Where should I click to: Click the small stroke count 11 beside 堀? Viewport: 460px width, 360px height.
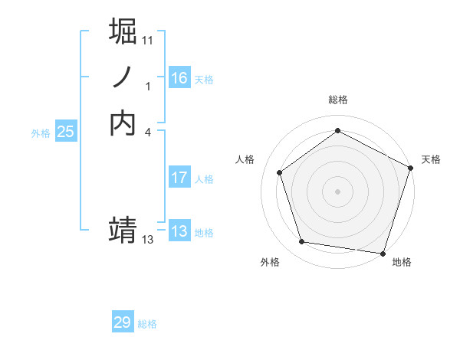[148, 39]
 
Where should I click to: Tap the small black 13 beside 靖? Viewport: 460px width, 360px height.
[148, 240]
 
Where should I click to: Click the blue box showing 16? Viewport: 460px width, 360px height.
[179, 78]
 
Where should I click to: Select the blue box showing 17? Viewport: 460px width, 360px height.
[179, 178]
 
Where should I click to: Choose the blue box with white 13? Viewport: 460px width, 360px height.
[179, 232]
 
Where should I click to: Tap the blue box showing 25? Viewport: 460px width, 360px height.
[66, 132]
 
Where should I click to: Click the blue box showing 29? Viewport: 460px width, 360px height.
[123, 322]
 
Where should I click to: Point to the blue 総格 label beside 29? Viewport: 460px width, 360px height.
[147, 324]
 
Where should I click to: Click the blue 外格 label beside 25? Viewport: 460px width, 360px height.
[41, 133]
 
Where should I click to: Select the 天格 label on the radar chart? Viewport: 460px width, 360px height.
[431, 159]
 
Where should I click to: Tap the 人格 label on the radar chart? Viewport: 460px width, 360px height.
[245, 159]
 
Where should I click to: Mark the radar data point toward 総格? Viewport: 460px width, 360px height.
[337, 131]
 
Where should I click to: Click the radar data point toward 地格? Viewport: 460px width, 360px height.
[383, 253]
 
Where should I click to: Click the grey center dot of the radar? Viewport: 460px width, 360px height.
[337, 191]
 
